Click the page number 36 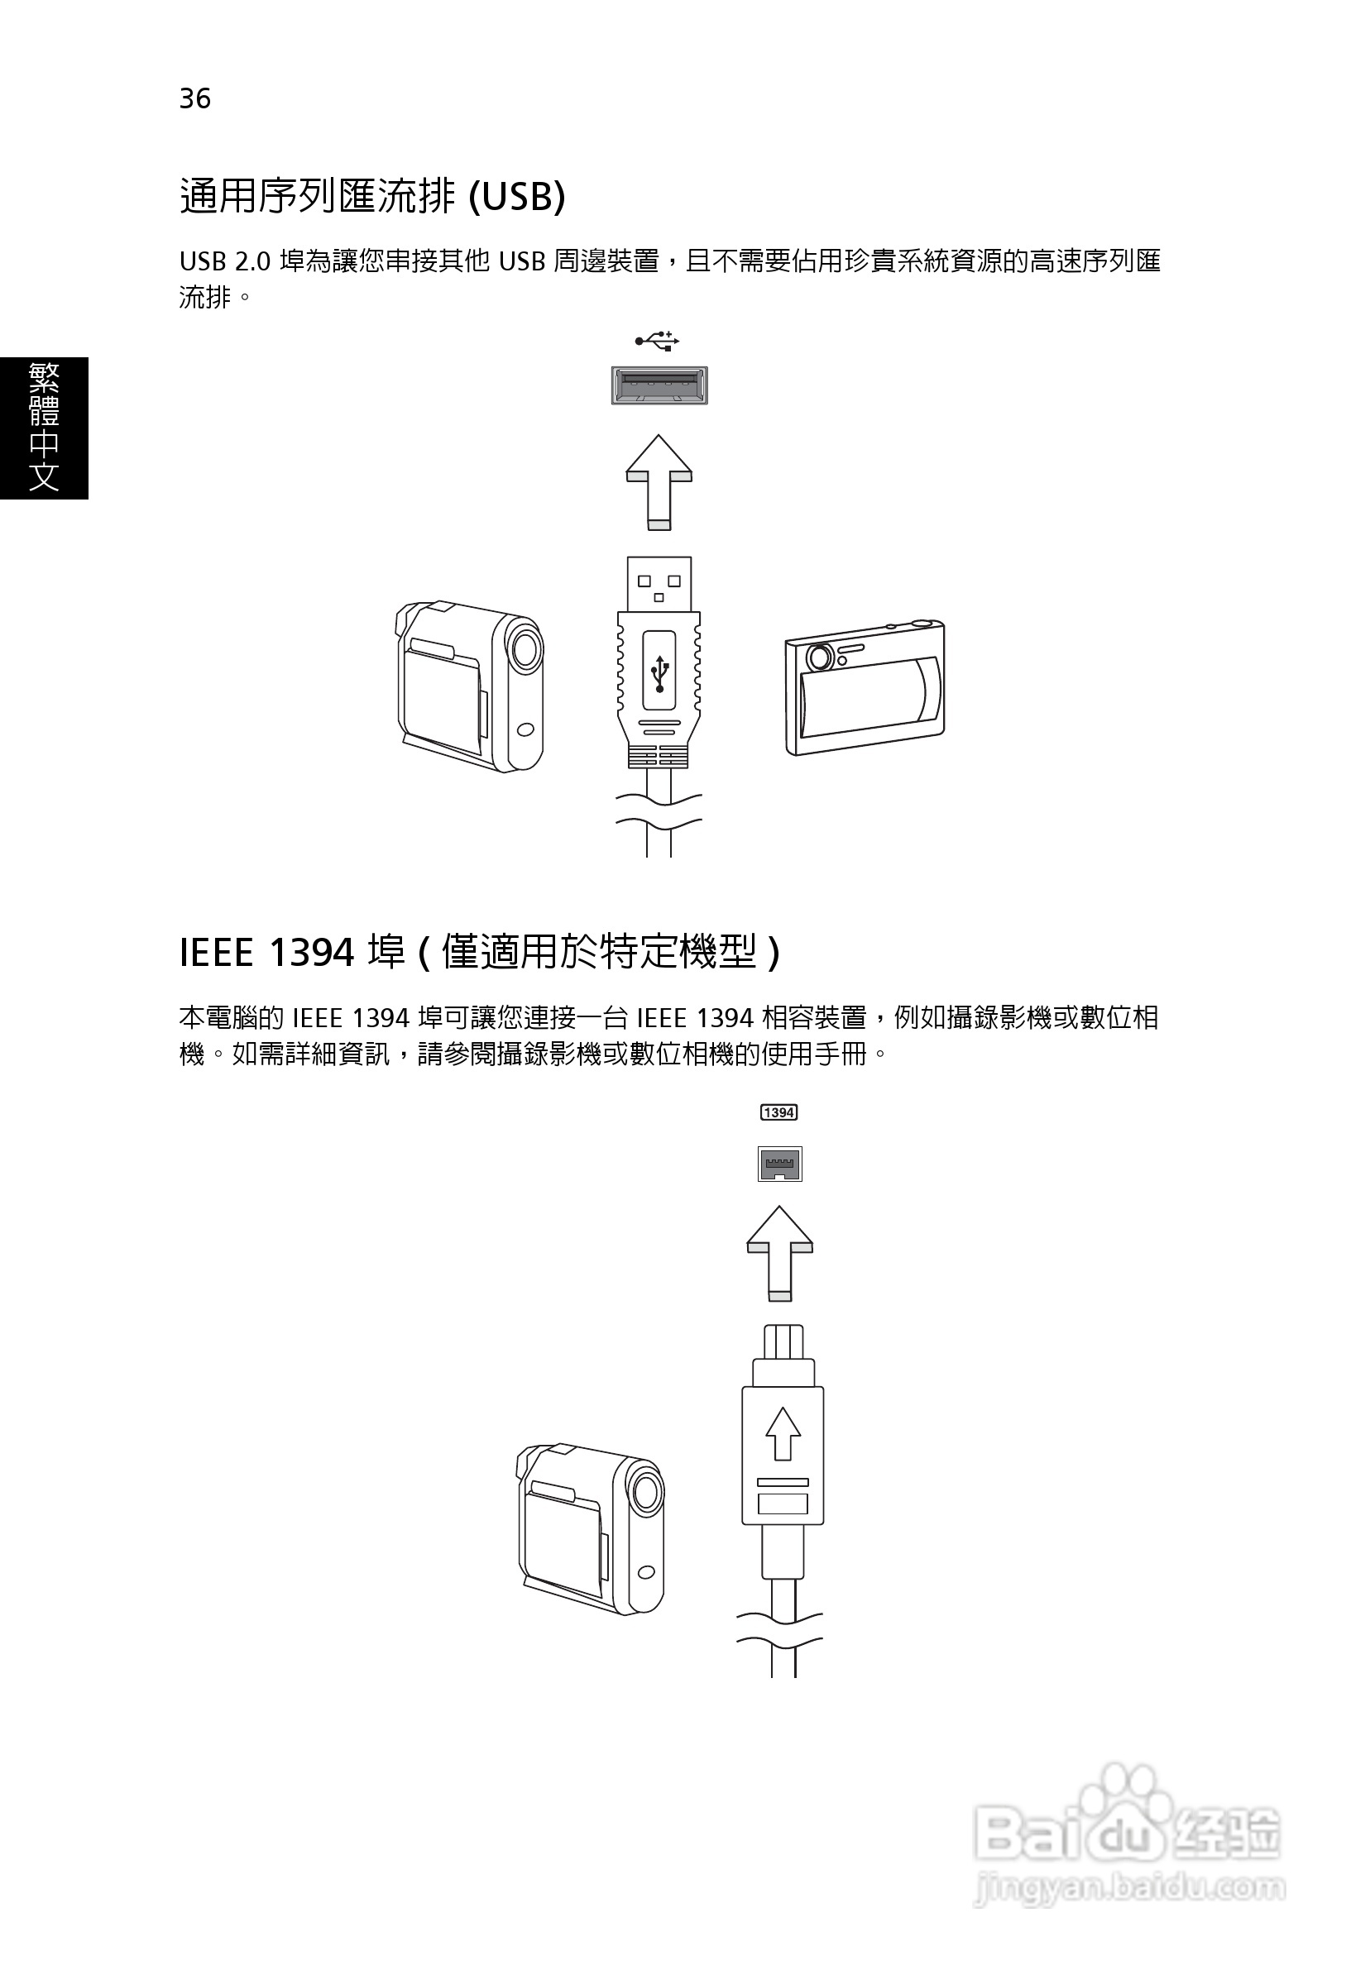click(x=194, y=99)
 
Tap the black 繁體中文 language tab click(x=44, y=427)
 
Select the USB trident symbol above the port click(x=657, y=342)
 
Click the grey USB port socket click(x=659, y=385)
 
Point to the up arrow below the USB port click(x=659, y=482)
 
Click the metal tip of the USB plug click(x=659, y=584)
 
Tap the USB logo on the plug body click(x=659, y=672)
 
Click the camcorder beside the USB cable click(x=469, y=685)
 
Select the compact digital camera click(x=865, y=688)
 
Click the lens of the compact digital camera click(x=819, y=657)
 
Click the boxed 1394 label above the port click(x=778, y=1112)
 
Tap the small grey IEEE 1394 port click(x=779, y=1164)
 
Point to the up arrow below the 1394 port click(x=779, y=1253)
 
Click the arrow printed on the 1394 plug click(x=783, y=1432)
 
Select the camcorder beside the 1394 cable click(x=591, y=1528)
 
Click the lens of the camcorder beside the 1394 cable click(x=646, y=1493)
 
